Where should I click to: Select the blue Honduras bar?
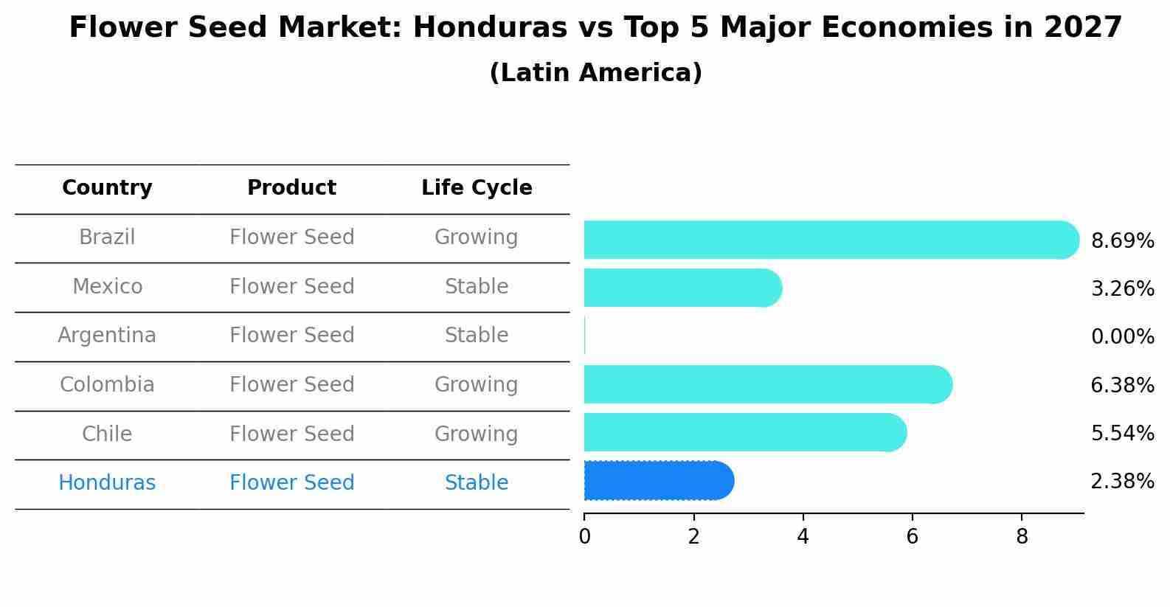(x=657, y=481)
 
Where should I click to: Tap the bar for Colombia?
(x=767, y=384)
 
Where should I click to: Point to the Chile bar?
(x=745, y=432)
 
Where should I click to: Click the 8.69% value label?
(x=1122, y=241)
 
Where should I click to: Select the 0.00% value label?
(x=1122, y=337)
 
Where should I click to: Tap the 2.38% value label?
(x=1122, y=482)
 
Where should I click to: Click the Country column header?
(x=107, y=188)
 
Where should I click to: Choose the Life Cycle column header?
(x=477, y=188)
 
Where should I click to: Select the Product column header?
(x=291, y=188)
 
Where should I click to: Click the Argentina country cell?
(x=107, y=336)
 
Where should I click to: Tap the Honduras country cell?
(x=107, y=483)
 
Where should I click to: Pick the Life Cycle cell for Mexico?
(x=477, y=286)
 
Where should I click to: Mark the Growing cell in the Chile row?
(x=477, y=434)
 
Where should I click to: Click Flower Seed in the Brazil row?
(x=291, y=237)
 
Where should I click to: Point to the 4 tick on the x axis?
(x=803, y=537)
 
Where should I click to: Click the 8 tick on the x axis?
(x=1022, y=537)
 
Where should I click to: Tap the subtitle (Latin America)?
(x=595, y=73)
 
